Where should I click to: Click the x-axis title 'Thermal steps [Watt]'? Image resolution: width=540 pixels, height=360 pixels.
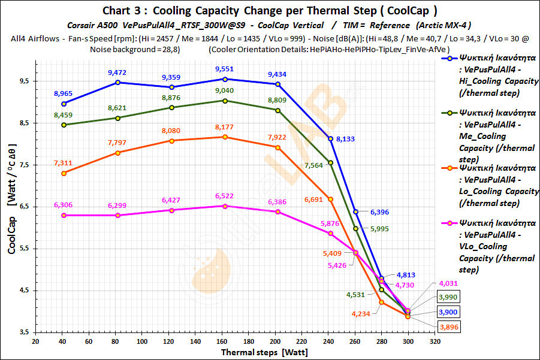point(261,352)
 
